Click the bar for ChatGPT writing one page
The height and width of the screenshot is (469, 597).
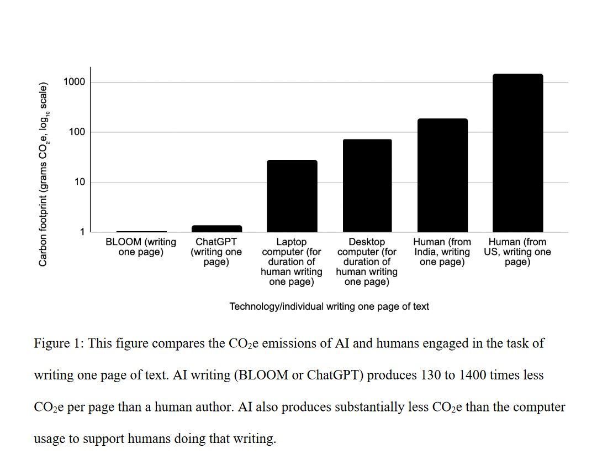coord(216,228)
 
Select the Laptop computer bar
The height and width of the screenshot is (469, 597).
coord(292,196)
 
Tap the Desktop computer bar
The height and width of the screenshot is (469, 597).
coord(367,186)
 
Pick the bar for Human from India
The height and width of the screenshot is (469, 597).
coord(442,175)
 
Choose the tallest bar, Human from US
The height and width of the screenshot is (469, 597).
coord(518,153)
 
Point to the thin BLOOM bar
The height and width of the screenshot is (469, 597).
coord(141,231)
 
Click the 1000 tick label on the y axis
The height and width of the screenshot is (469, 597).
coord(74,82)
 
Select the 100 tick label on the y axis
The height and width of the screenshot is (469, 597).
coord(77,132)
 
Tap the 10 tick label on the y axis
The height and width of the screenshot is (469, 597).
coord(80,183)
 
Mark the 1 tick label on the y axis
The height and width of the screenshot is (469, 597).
coord(82,232)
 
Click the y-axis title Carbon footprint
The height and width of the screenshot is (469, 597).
coord(44,174)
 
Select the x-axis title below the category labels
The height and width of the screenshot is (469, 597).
coord(329,306)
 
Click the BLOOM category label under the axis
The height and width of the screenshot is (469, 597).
coord(141,247)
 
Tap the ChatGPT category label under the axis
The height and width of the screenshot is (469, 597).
coord(216,252)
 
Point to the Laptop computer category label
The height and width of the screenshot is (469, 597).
coord(292,262)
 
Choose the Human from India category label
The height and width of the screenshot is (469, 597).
coord(442,252)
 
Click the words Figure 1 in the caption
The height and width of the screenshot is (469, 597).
coord(58,343)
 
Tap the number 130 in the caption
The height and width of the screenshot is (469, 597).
coord(430,375)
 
